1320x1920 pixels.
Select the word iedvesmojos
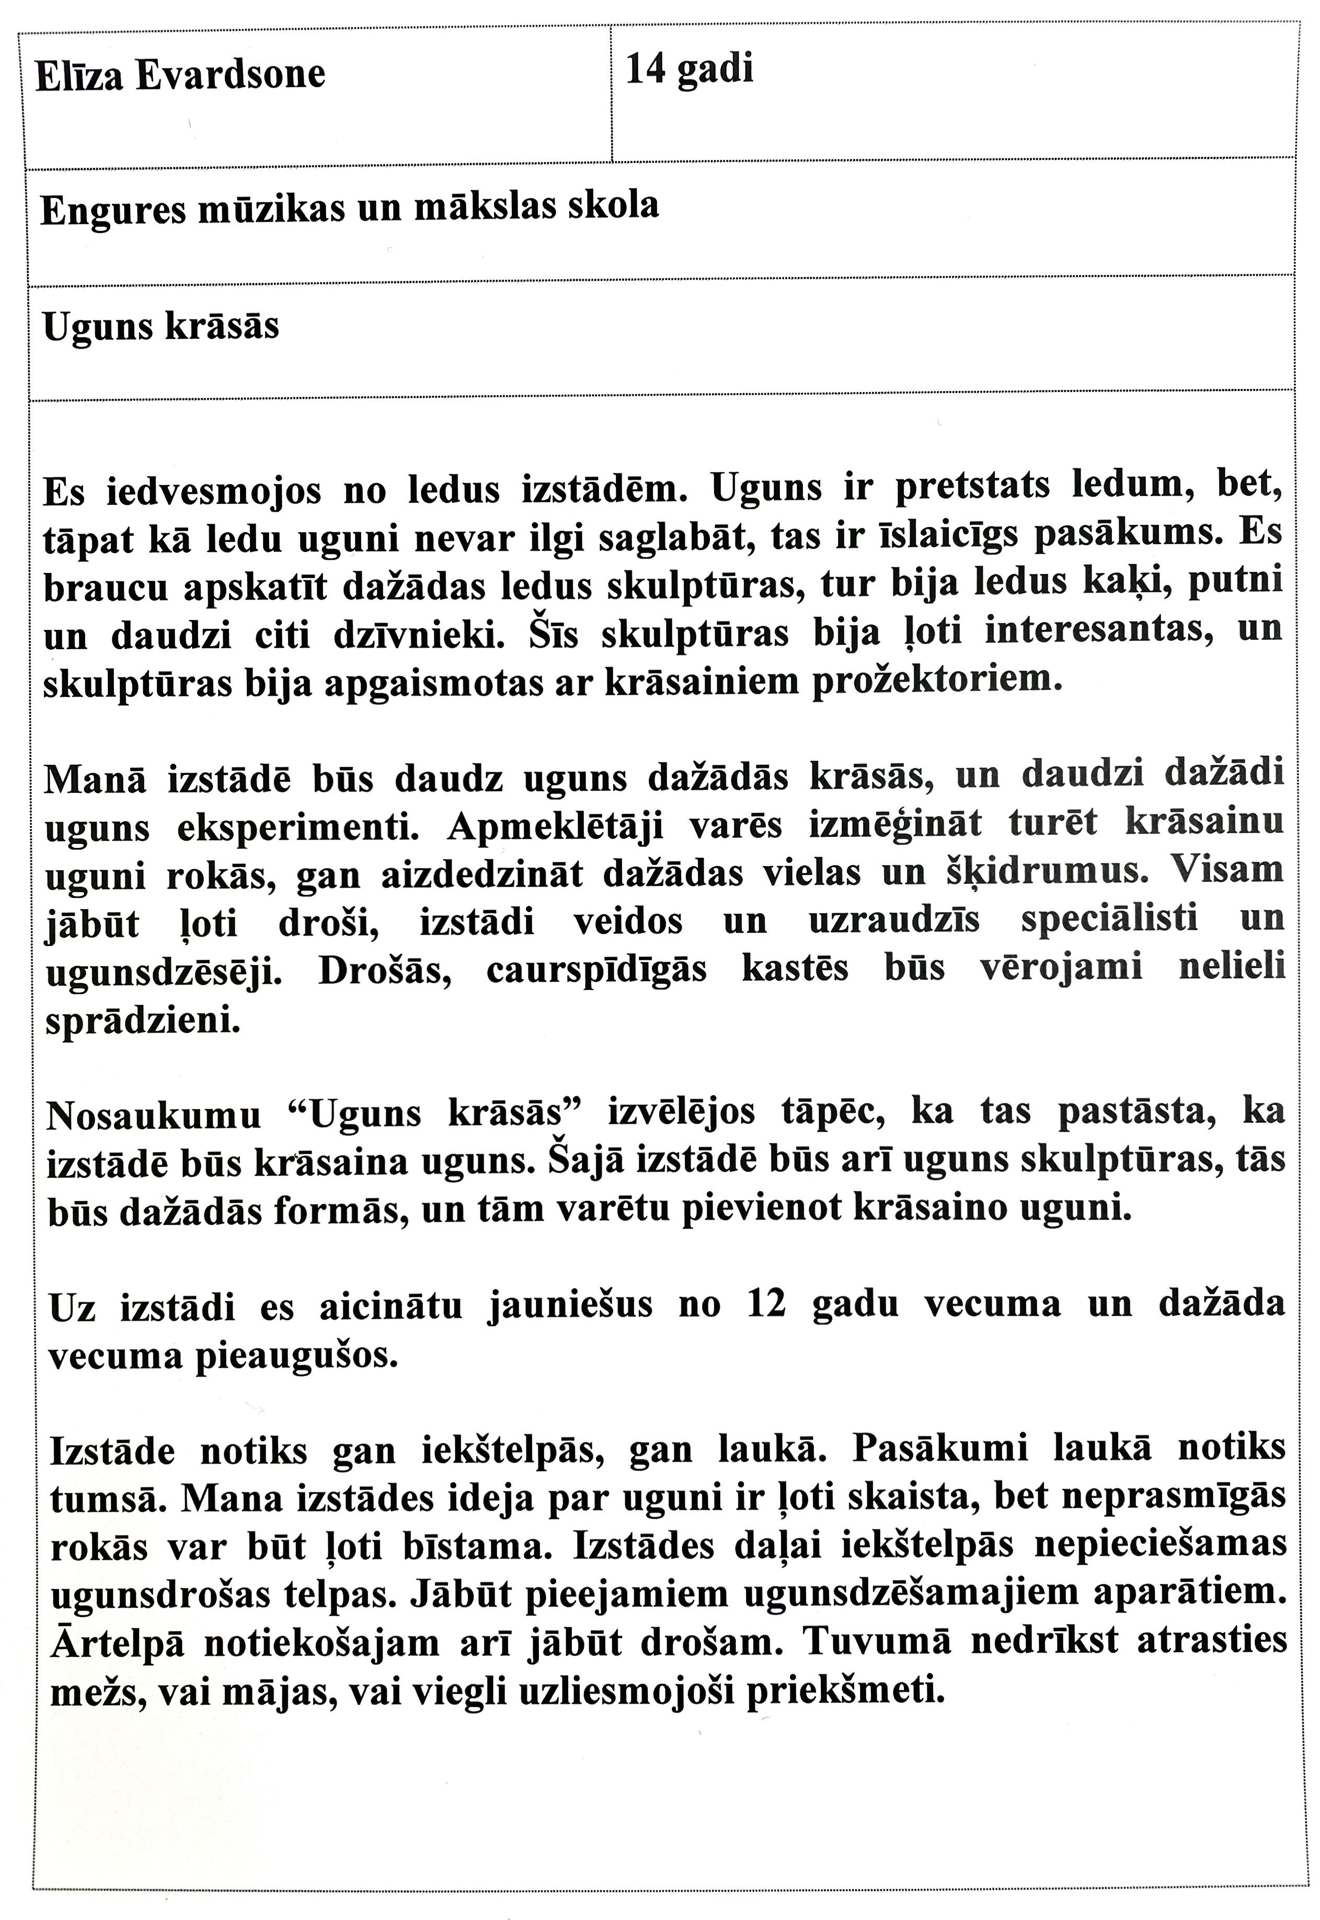click(x=213, y=492)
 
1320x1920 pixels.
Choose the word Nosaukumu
click(x=154, y=1117)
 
